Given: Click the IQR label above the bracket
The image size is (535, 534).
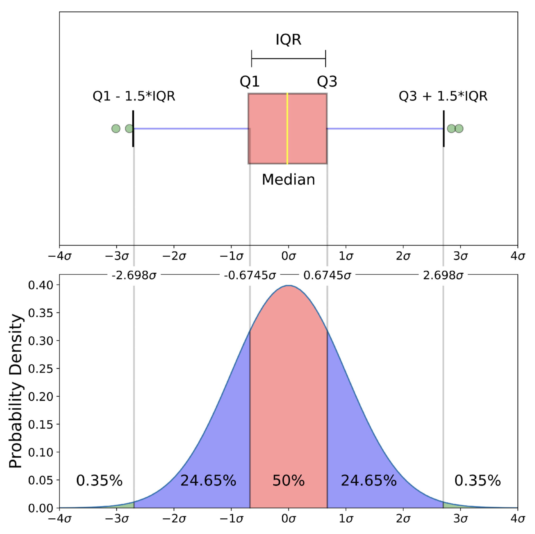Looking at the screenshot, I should [288, 40].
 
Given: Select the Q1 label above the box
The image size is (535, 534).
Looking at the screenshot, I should [249, 81].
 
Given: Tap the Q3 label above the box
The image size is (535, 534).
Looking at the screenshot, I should [327, 81].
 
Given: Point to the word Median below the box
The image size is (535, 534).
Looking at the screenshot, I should [288, 180].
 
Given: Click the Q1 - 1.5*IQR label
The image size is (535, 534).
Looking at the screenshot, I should [134, 96].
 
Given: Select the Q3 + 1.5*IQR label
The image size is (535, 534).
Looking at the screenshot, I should [443, 96].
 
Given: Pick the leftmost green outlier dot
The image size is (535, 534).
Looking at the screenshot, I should [116, 128].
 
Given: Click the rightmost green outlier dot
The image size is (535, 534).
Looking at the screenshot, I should [459, 128].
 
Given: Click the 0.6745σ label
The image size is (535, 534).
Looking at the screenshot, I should [327, 275].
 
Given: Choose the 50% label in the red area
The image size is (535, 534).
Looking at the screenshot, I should [288, 481].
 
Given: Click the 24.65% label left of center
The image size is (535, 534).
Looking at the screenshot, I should [208, 481].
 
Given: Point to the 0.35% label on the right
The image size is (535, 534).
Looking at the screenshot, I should [477, 481].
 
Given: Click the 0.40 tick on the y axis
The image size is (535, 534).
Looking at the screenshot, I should [41, 285].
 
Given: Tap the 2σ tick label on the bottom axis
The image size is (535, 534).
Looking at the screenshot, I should [403, 519].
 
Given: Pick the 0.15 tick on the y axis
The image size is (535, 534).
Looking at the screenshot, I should [41, 424].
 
